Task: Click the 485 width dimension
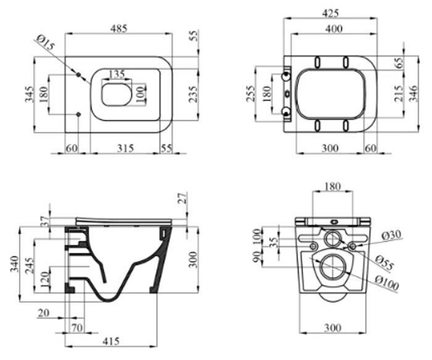[119, 28]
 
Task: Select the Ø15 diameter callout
[46, 43]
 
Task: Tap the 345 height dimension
[30, 94]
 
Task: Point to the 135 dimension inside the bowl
[117, 74]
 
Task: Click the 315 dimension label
[125, 149]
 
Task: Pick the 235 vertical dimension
[193, 94]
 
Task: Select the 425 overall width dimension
[330, 13]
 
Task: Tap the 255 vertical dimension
[251, 94]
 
